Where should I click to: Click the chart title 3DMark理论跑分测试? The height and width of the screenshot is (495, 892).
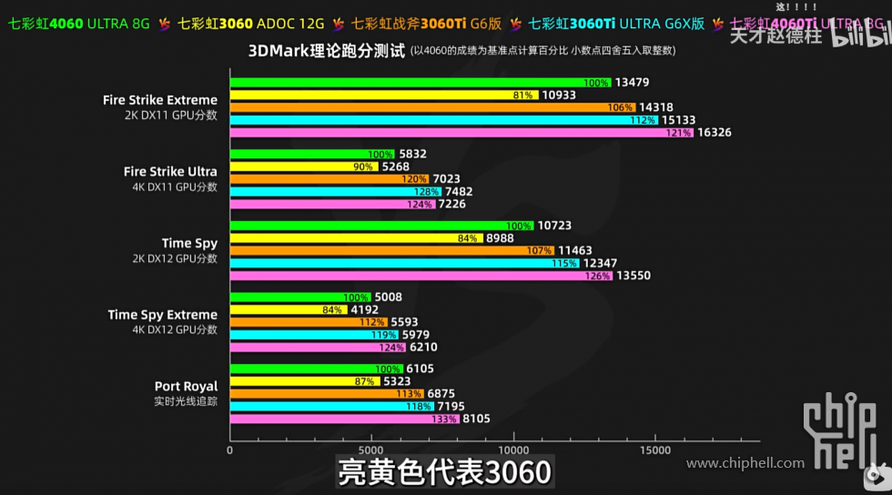click(326, 51)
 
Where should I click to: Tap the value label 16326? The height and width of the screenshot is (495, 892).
click(714, 133)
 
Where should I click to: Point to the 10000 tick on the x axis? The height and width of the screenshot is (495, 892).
click(514, 450)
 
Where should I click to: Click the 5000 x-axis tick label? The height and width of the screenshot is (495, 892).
click(371, 450)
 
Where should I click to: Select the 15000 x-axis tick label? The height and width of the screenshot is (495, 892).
click(656, 450)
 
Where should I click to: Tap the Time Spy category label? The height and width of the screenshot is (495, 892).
click(189, 243)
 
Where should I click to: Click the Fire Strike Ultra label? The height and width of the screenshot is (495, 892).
click(170, 171)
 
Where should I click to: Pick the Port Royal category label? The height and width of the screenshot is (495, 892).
click(186, 387)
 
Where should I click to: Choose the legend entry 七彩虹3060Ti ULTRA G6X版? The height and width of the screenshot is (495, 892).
click(616, 24)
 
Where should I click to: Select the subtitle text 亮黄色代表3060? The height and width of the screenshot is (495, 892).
click(444, 473)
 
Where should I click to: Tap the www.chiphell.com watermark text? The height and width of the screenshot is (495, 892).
click(745, 463)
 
